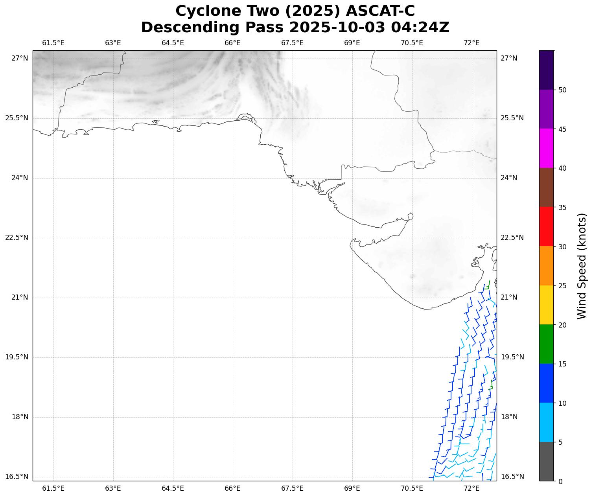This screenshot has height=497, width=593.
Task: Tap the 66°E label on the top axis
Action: click(x=232, y=43)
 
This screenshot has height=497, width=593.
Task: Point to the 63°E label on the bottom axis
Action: click(x=113, y=488)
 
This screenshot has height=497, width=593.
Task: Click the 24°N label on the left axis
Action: click(x=20, y=178)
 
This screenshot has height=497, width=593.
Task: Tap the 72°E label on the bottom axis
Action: click(x=471, y=488)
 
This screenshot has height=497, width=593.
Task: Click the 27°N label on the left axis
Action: click(x=20, y=58)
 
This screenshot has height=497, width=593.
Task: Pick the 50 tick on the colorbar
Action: click(x=562, y=90)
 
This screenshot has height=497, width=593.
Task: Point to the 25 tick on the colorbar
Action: click(x=562, y=285)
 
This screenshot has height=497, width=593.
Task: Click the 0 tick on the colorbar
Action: click(x=560, y=481)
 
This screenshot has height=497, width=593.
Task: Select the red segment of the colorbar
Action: click(x=546, y=226)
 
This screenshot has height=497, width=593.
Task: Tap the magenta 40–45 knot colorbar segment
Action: click(x=546, y=148)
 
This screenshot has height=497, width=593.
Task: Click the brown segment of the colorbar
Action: click(x=546, y=187)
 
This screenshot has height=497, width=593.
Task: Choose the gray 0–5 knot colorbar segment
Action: click(x=546, y=461)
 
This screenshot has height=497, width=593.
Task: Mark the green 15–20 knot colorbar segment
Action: click(x=546, y=344)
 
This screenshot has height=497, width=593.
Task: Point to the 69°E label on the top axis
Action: click(x=352, y=43)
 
